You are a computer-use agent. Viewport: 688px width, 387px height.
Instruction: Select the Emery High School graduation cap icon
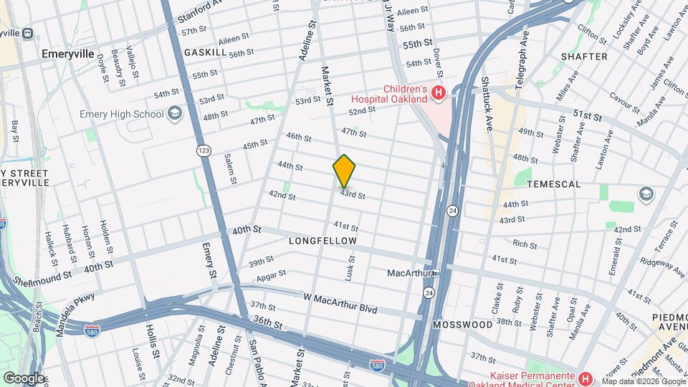174,113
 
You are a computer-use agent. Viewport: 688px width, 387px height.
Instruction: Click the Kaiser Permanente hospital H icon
586,378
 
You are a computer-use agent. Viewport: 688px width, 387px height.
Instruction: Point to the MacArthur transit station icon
435,273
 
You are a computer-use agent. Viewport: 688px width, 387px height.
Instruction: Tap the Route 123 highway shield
204,150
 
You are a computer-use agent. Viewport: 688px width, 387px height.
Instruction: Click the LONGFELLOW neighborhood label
322,242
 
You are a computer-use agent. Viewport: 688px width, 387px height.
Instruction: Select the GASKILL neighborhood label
205,53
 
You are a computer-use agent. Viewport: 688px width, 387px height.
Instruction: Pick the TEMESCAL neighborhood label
553,184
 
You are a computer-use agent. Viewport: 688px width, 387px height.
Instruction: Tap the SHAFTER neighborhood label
584,56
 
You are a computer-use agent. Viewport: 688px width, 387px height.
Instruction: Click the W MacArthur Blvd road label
340,300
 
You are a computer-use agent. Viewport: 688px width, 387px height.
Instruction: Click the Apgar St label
272,274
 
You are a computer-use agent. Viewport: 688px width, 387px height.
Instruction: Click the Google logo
24,378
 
